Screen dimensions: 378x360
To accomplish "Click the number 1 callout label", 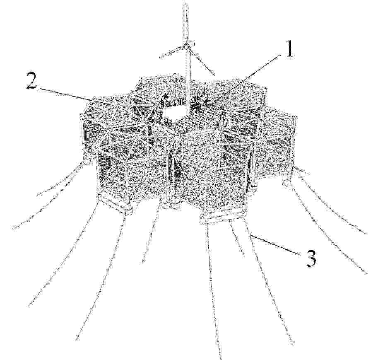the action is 289,48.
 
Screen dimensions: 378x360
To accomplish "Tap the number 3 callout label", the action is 311,258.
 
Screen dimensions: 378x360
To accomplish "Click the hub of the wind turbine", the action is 190,43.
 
